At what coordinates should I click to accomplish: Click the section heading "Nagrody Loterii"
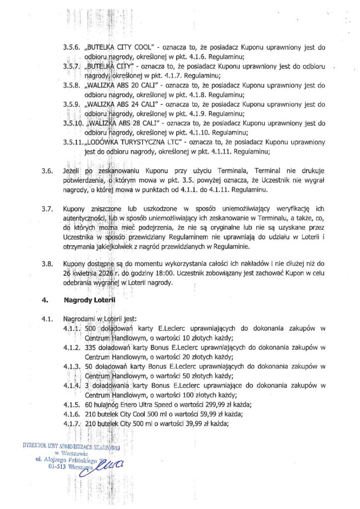(x=89, y=300)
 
